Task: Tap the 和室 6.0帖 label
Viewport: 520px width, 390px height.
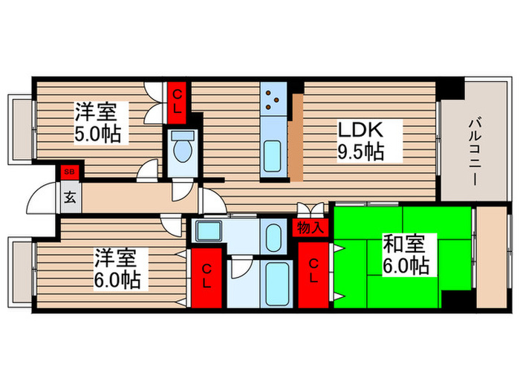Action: click(405, 253)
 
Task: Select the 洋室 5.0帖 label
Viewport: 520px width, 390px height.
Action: click(99, 123)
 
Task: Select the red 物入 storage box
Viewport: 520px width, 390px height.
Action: click(310, 228)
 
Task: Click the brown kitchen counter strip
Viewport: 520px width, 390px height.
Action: click(296, 137)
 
